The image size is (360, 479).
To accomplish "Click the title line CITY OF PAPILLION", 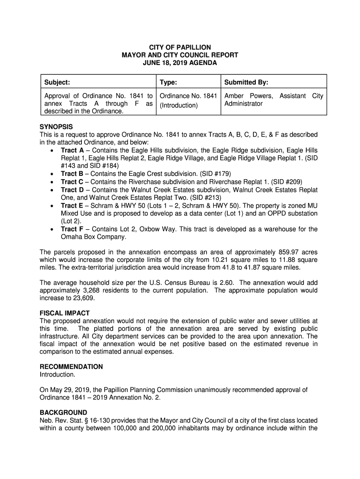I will click(180, 48).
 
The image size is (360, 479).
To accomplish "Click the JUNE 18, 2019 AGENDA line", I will click(180, 63).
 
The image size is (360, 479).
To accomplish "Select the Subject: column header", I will click(57, 83).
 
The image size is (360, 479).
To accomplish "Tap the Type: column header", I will click(168, 83).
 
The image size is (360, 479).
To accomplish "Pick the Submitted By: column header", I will click(246, 83).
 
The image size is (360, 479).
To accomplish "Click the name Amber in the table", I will click(236, 96).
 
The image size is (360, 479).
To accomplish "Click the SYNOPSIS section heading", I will click(56, 127).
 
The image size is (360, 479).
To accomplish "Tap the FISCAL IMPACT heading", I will click(65, 313).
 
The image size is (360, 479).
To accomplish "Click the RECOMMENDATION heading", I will click(71, 367).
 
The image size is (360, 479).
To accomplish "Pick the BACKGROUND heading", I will click(63, 413).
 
